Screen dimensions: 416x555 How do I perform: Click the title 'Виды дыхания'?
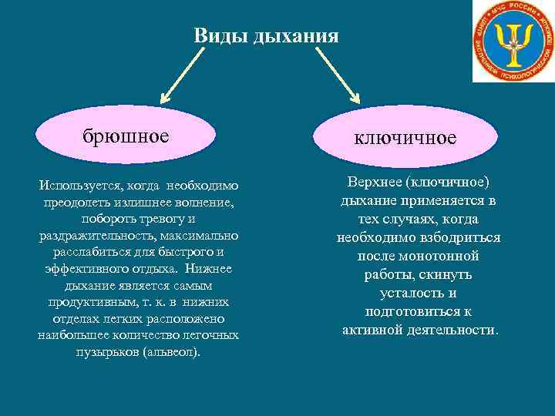tap(266, 35)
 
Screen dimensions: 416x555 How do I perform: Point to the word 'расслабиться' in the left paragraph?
tap(91, 251)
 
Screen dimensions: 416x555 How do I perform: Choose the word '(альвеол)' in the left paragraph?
tap(170, 351)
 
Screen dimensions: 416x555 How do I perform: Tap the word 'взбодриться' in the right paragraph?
tap(457, 237)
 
